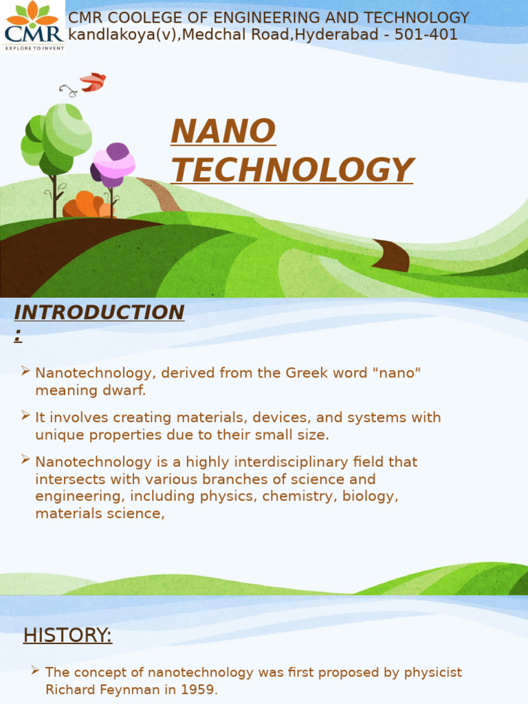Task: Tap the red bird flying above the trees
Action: [92, 82]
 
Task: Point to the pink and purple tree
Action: [113, 165]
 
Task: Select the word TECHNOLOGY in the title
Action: [291, 170]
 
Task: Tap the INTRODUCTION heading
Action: [99, 313]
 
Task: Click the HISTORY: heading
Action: [67, 635]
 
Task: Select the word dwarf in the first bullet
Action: [126, 390]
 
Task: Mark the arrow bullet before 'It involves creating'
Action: [25, 415]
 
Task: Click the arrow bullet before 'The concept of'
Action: [35, 670]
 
